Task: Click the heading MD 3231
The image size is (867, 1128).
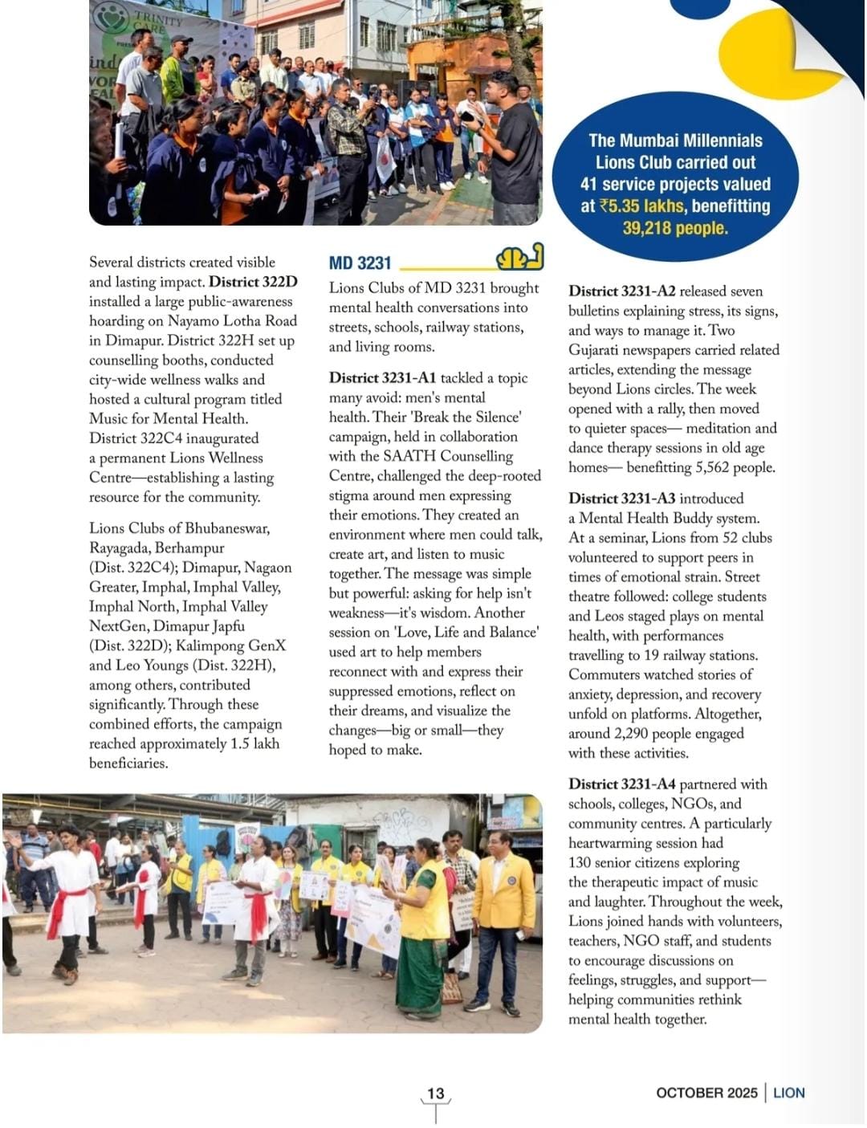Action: pos(360,263)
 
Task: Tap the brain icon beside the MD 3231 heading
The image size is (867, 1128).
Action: pos(519,258)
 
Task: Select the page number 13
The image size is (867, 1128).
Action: pos(435,1093)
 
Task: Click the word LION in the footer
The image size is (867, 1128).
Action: pos(788,1093)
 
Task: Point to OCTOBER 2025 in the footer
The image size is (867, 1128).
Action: pos(706,1093)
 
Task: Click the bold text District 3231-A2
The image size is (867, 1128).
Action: pos(621,291)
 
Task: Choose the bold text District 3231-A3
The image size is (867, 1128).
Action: pos(621,499)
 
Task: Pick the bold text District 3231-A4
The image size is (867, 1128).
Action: pos(621,784)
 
